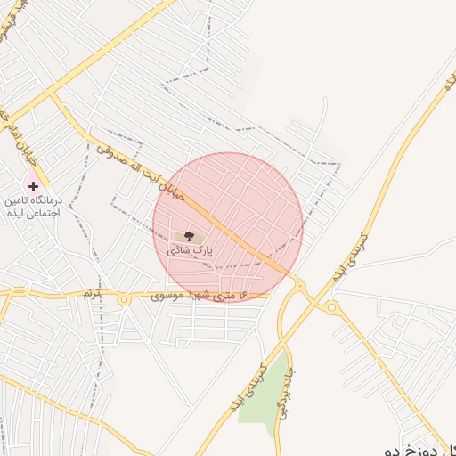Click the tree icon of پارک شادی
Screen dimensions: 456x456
click(x=188, y=236)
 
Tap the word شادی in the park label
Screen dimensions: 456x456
click(x=177, y=251)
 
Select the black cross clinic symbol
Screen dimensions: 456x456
click(x=34, y=187)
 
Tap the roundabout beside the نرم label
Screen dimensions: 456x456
click(x=125, y=300)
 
